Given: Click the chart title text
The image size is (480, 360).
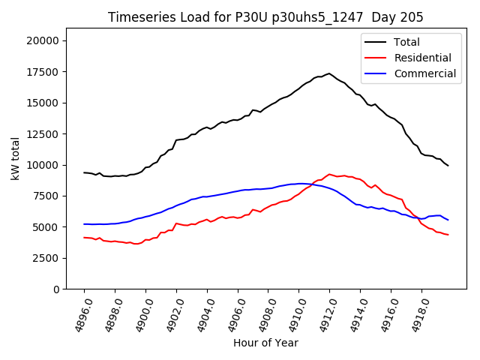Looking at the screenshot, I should click(265, 17).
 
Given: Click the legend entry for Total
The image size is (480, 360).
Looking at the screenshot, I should click(406, 42).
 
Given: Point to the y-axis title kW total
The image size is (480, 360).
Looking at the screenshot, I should click(15, 163).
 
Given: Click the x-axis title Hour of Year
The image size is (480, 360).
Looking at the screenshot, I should click(265, 343).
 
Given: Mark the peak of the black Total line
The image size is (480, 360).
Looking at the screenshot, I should click(329, 73).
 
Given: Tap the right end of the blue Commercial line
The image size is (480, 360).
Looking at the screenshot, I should click(448, 220).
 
